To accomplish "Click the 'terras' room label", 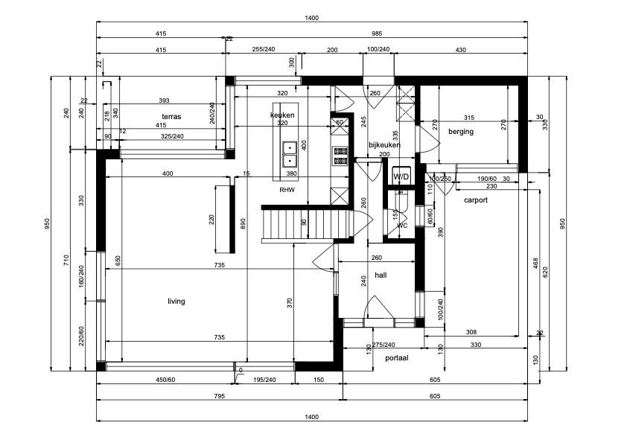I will [172, 118].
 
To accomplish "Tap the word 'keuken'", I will [282, 115].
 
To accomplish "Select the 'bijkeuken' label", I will [384, 145].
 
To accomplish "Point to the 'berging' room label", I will [460, 132].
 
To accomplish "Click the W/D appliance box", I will [401, 176].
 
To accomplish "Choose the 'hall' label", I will [381, 275].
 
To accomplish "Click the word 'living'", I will [176, 302].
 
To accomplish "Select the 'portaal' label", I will [396, 358].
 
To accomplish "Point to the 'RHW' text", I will [287, 191].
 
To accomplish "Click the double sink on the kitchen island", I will [288, 153].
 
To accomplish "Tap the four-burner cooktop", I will [341, 155].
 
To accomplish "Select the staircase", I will [305, 223].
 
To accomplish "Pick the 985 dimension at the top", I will [376, 34].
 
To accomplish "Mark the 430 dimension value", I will [459, 49].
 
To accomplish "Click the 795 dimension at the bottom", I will [219, 396].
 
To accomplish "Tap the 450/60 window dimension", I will [165, 380].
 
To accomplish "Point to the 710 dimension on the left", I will [66, 260].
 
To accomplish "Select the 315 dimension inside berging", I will [468, 118].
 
